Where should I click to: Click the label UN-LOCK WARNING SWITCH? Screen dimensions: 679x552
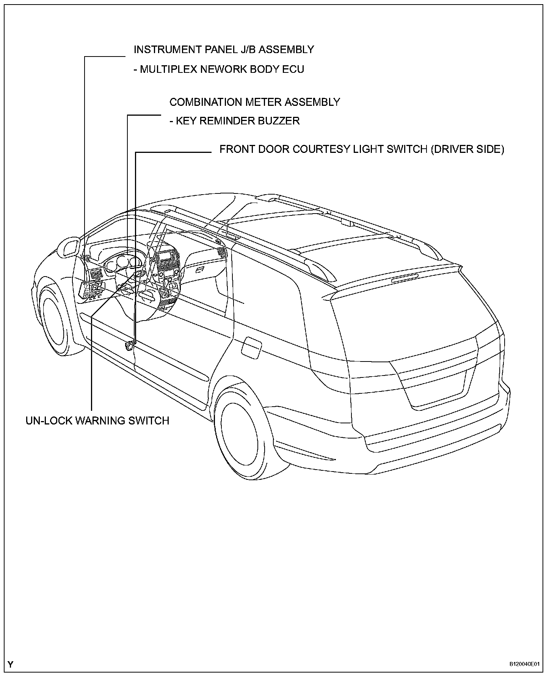97,421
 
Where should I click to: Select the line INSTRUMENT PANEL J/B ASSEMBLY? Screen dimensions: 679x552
224,50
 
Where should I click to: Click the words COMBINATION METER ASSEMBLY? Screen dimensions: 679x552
254,102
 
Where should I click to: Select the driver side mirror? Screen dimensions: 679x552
71,247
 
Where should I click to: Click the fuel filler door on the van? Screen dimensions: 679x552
251,346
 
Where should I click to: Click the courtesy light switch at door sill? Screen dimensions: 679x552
130,345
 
